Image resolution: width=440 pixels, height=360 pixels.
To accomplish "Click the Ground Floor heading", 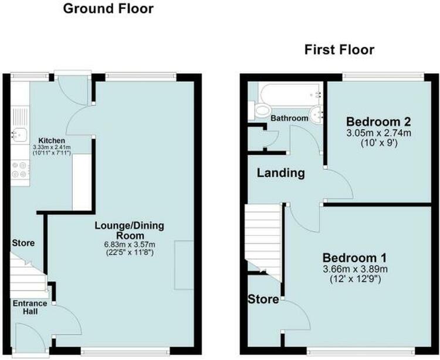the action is (109, 8).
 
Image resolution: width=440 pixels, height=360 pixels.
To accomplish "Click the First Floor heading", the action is (339, 50).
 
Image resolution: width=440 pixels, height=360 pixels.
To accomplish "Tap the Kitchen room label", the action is (52, 140).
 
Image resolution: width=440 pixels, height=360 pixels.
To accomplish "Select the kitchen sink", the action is (19, 134).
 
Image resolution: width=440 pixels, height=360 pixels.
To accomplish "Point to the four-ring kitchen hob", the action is (20, 170).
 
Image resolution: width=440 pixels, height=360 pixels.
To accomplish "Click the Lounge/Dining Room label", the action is (130, 230).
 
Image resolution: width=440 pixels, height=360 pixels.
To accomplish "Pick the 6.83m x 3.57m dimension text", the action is (130, 244).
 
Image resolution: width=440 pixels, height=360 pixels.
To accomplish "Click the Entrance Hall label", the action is (30, 307).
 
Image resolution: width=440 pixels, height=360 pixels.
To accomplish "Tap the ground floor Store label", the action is (23, 243).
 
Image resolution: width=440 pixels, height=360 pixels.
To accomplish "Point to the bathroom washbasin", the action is (317, 116).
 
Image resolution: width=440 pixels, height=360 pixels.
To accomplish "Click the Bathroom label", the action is (289, 118).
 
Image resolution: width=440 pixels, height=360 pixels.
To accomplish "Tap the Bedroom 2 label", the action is (378, 122).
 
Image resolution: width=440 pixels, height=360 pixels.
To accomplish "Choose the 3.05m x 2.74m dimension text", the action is (378, 133).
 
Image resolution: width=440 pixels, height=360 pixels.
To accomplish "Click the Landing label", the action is (281, 173).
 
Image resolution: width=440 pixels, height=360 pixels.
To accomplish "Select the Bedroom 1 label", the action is (355, 258).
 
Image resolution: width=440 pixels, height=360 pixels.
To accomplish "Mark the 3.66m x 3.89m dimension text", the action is (356, 270).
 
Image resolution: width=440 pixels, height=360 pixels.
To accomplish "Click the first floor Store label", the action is (263, 300).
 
